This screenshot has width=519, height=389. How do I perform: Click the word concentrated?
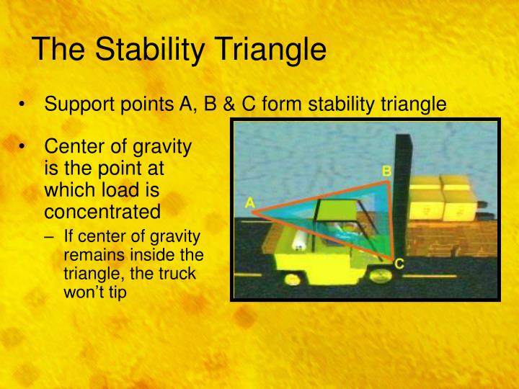click(x=102, y=212)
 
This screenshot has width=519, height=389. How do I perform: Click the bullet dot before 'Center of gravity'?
click(x=22, y=148)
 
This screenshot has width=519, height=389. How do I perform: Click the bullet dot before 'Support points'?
click(x=22, y=105)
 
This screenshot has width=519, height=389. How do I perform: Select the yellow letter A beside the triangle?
click(x=249, y=203)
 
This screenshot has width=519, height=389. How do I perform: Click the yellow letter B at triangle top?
click(x=386, y=171)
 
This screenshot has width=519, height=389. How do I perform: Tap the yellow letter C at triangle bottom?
click(x=399, y=265)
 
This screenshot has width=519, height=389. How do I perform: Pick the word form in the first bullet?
click(x=283, y=104)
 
